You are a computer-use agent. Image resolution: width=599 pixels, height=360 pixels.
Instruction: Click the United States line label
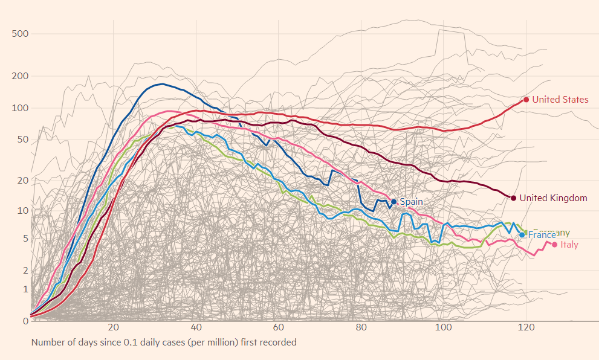point(560,100)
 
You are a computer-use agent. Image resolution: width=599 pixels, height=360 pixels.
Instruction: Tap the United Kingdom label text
point(553,198)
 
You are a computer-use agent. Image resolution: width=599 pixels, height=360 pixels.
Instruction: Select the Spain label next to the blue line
point(411,202)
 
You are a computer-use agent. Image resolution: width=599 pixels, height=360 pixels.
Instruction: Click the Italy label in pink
point(569,245)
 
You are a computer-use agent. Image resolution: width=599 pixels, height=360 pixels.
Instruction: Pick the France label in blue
point(542,235)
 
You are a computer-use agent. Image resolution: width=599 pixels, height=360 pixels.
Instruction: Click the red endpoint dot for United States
point(526,100)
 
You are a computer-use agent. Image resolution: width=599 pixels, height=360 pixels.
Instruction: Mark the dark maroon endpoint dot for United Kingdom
point(513,198)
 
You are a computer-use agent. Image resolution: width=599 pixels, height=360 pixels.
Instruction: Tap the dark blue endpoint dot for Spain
point(393,202)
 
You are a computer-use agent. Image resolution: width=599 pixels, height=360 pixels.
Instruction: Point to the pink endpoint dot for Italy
point(554,245)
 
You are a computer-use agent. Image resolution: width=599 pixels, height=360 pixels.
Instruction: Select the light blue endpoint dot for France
point(522,235)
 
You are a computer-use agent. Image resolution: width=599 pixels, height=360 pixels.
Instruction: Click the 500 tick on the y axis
point(21,33)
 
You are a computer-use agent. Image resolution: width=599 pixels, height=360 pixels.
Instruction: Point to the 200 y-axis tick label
point(21,76)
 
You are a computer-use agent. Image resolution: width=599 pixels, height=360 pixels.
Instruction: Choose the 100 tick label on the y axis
point(21,108)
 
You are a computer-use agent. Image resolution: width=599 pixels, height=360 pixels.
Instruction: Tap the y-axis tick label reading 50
point(23,140)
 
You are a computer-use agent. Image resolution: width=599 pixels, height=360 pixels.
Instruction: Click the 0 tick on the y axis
point(25,321)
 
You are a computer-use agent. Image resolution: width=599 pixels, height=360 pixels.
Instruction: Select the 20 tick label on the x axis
point(113,328)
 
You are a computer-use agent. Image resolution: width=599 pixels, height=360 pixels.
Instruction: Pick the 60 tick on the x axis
point(278,328)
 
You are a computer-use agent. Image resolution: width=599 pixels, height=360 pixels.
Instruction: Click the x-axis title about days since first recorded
point(164,342)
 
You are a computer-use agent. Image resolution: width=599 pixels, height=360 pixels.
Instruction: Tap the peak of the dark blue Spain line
point(161,84)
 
